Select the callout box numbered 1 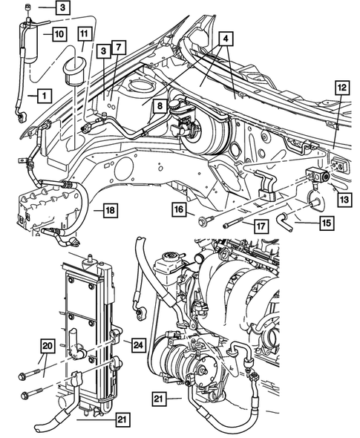pyautogui.click(x=44, y=96)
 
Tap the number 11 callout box pyautogui.click(x=85, y=33)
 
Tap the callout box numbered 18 pyautogui.click(x=109, y=211)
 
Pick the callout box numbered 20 pyautogui.click(x=47, y=345)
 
